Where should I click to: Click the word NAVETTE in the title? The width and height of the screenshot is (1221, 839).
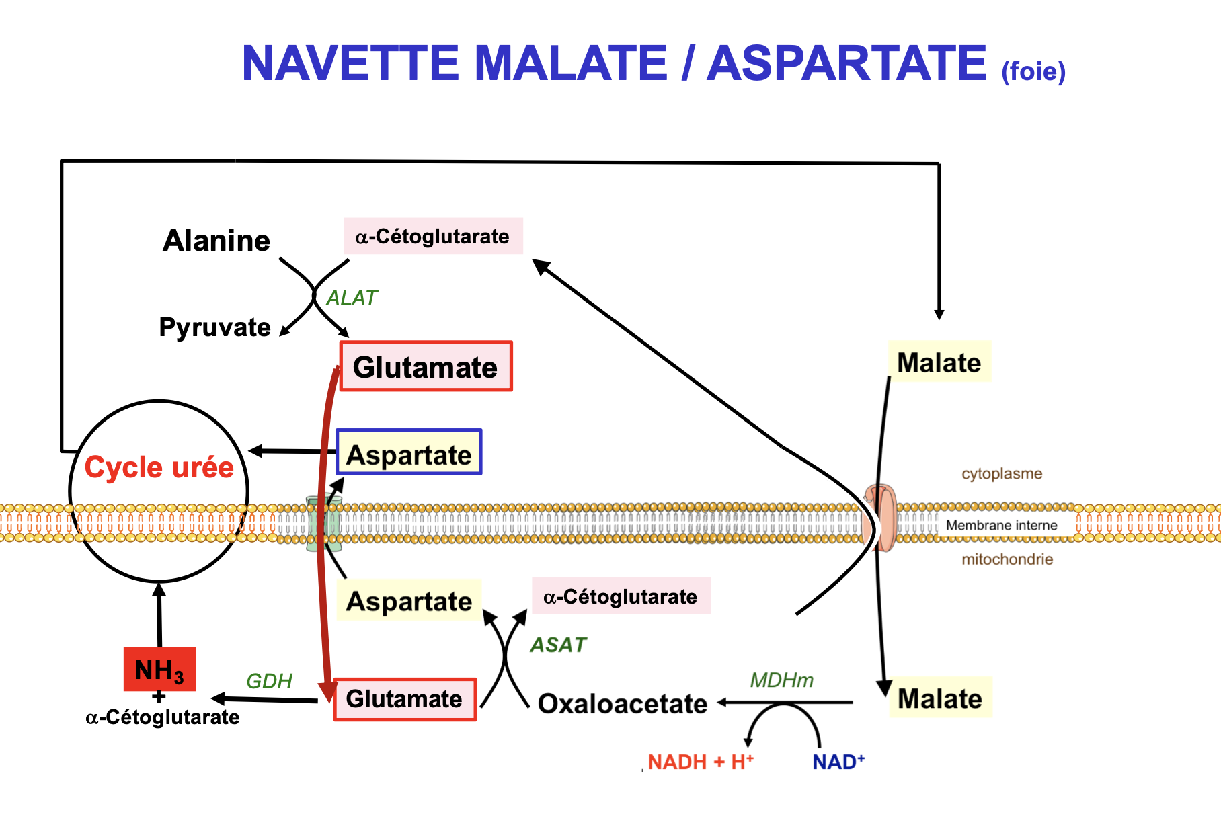point(350,63)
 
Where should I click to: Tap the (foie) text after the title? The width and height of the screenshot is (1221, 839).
point(1033,71)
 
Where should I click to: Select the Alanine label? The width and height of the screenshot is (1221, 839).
point(216,241)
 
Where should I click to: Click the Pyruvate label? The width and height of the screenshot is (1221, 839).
point(214,327)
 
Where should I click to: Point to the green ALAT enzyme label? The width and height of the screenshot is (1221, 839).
point(352,298)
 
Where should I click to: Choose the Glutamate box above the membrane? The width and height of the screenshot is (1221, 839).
point(426,366)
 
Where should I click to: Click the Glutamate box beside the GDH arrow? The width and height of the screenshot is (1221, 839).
point(405,699)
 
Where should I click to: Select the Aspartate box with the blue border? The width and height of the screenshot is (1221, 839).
point(409,452)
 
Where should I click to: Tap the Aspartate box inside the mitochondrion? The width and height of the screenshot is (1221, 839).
point(409,600)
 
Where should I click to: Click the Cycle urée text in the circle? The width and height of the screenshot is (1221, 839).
point(159,467)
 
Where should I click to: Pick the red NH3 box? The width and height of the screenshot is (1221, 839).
point(159,670)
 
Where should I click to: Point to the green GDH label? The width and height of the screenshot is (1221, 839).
point(269,681)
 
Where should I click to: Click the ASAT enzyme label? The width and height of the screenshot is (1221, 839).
point(558,645)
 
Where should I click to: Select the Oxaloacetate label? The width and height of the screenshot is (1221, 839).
point(623,704)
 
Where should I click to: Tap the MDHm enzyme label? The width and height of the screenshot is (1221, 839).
point(781,680)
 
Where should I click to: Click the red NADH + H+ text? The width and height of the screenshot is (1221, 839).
point(700,762)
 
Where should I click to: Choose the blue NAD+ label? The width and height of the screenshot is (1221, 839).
point(838,762)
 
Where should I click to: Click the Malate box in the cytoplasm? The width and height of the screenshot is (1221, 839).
point(939,362)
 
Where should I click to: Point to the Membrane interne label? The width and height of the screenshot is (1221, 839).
point(1001,525)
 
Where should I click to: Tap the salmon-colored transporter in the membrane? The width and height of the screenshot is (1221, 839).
point(881,518)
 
